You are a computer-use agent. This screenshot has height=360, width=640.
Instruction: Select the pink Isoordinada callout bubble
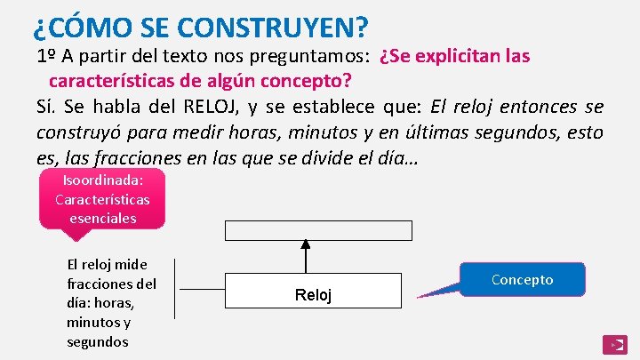(x=102, y=199)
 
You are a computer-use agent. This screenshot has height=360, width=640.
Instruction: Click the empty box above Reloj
(x=317, y=230)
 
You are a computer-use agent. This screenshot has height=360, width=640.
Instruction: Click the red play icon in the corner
(x=614, y=344)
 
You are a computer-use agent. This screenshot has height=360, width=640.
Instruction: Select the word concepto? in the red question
(x=308, y=81)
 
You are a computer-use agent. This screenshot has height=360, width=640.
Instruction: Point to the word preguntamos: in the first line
(x=317, y=56)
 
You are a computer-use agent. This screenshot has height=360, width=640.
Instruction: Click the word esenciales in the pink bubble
(x=102, y=218)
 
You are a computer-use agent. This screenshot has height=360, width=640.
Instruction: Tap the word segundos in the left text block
(x=98, y=342)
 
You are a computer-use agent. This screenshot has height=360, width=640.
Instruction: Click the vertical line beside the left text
(x=174, y=288)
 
